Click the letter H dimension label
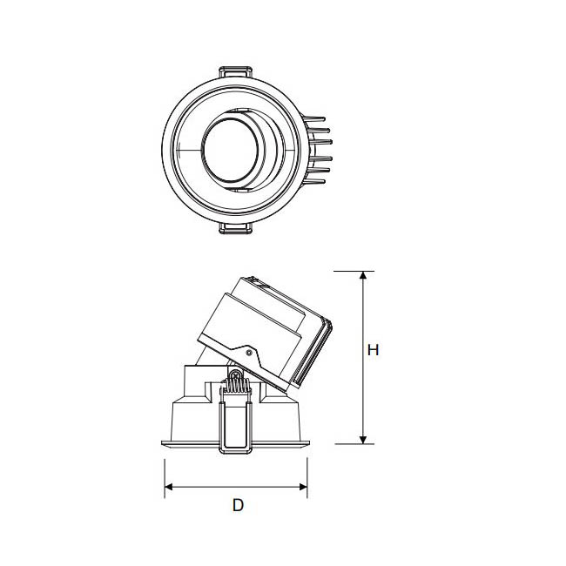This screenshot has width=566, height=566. pyautogui.click(x=373, y=350)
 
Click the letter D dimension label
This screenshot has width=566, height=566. pyautogui.click(x=238, y=505)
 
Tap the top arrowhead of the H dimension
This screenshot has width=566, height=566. pyautogui.click(x=363, y=275)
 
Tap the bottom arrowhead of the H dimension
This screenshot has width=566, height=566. pyautogui.click(x=363, y=440)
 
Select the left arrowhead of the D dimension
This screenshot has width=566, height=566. pyautogui.click(x=169, y=487)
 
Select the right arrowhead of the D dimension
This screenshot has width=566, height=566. pyautogui.click(x=303, y=487)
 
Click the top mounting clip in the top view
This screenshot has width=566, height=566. pyautogui.click(x=236, y=71)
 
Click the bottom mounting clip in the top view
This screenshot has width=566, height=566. pyautogui.click(x=235, y=228)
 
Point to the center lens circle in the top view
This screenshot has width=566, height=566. pyautogui.click(x=230, y=150)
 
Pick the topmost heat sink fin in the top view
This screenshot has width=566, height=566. pyautogui.click(x=313, y=118)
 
